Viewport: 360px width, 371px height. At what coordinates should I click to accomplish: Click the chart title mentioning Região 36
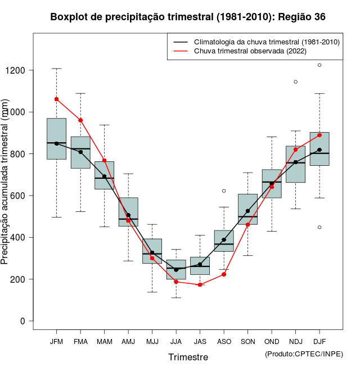[x=188, y=17]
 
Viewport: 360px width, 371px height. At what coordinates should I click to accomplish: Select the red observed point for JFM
[x=57, y=99]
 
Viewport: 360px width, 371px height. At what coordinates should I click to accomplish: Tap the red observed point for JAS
[x=200, y=285]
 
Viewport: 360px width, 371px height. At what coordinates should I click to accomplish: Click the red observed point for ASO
[x=224, y=274]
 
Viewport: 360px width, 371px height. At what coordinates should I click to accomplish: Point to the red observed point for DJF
[x=319, y=135]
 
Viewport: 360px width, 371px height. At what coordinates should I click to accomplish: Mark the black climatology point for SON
[x=247, y=211]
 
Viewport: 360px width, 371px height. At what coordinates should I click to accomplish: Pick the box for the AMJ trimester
[x=128, y=211]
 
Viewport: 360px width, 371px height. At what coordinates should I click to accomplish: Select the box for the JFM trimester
[x=57, y=139]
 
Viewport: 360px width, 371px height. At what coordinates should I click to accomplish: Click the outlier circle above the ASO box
[x=224, y=191]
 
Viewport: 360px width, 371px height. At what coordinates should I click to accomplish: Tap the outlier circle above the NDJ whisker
[x=295, y=82]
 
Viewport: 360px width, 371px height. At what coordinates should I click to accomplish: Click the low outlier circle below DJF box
[x=319, y=227]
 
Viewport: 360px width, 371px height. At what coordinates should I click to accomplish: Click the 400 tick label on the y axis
[x=22, y=237]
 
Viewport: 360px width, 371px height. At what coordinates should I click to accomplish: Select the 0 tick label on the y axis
[x=22, y=321]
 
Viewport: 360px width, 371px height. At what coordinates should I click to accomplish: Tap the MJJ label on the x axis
[x=152, y=342]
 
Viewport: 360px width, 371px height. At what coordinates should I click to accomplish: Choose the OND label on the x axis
[x=272, y=342]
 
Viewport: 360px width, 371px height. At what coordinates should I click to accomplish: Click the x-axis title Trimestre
[x=188, y=357]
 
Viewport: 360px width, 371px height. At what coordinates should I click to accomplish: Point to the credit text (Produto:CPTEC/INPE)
[x=304, y=354]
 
